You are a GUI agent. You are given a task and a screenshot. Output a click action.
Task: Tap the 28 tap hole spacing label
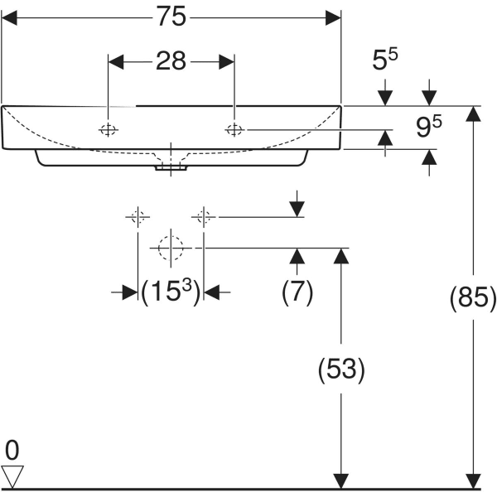coord(172,61)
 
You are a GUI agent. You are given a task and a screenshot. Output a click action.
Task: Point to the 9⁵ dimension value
coord(427,127)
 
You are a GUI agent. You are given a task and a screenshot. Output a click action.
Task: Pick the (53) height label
coord(340,369)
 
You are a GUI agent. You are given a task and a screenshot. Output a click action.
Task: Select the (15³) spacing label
coord(171,292)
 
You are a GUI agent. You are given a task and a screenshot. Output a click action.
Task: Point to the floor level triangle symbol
coord(13,475)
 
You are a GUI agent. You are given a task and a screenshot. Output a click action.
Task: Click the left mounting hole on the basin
coord(108,129)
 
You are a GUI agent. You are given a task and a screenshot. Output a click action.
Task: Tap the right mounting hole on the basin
coord(234,129)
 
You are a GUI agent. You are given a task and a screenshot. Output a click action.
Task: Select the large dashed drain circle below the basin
coord(170,247)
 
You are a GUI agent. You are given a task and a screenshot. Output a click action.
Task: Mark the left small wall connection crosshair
coord(138,217)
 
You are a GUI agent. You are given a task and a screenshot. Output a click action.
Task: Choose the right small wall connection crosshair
coord(204,217)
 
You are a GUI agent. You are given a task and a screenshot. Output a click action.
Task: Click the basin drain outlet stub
coord(171,167)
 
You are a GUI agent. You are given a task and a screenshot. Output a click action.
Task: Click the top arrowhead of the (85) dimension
coord(473,113)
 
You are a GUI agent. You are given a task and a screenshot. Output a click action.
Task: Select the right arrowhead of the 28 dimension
coord(228,61)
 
